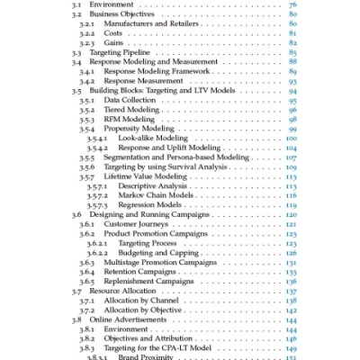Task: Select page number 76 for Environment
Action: tap(292, 4)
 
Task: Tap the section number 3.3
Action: tap(78, 53)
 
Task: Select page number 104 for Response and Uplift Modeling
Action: tap(291, 148)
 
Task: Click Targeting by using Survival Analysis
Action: tap(169, 167)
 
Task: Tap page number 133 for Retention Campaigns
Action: tap(291, 272)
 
